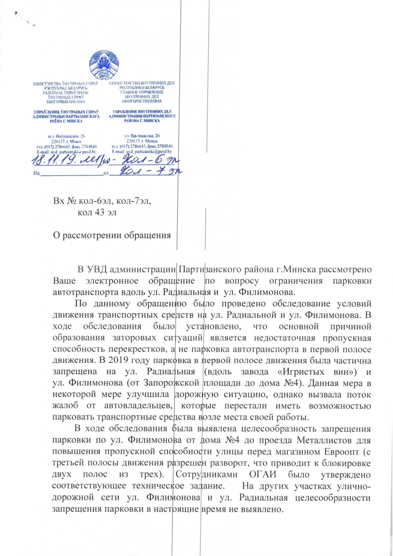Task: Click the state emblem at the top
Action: point(104,65)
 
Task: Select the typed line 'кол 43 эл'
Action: point(96,212)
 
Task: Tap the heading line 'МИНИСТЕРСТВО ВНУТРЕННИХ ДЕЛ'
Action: point(142,83)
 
